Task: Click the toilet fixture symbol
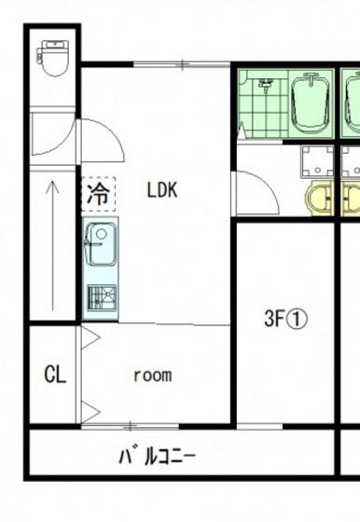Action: click(x=53, y=58)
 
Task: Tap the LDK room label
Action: click(x=162, y=190)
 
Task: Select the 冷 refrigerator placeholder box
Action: click(x=99, y=194)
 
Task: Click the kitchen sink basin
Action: click(x=101, y=244)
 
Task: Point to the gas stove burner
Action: click(x=102, y=297)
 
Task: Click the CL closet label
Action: click(x=55, y=374)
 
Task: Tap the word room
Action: click(x=153, y=375)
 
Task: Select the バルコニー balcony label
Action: click(x=158, y=456)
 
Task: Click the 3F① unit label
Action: click(x=285, y=319)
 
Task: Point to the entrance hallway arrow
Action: click(x=52, y=246)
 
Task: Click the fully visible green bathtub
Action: click(x=312, y=103)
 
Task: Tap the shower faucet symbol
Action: click(x=266, y=86)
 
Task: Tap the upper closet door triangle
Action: click(x=90, y=338)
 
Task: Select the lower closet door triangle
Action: click(x=90, y=412)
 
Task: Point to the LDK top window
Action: click(x=182, y=64)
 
